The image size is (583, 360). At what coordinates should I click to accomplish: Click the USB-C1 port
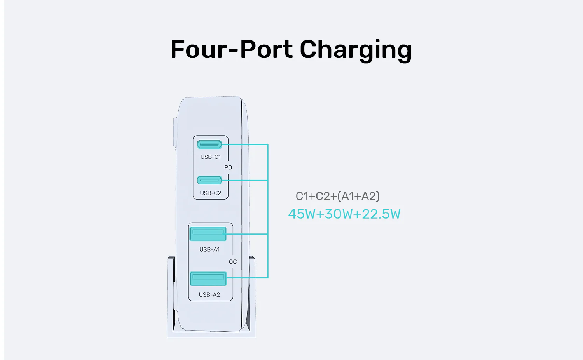(x=209, y=144)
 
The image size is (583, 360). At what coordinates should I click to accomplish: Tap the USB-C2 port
(x=209, y=180)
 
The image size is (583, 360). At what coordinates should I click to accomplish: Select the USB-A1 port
(x=208, y=233)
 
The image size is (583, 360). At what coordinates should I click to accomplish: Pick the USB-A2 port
(x=208, y=278)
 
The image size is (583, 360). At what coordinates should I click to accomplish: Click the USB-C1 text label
(x=211, y=157)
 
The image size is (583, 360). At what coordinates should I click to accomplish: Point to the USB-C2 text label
(x=210, y=193)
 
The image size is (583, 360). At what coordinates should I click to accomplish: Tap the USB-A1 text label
(x=209, y=249)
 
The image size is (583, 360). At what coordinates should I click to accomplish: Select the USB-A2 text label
(x=209, y=295)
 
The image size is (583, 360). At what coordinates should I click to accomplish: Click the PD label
(x=228, y=167)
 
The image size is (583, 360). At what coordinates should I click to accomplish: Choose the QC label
(x=233, y=262)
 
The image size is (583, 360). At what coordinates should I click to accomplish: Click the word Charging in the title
(x=356, y=50)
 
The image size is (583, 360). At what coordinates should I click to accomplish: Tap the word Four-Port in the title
(x=232, y=49)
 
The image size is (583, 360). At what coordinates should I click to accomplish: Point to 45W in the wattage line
(x=302, y=214)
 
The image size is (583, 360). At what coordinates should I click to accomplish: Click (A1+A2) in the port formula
(x=358, y=196)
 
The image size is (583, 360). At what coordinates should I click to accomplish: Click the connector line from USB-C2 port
(x=244, y=180)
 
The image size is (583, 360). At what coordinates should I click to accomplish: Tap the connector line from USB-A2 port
(x=247, y=278)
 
